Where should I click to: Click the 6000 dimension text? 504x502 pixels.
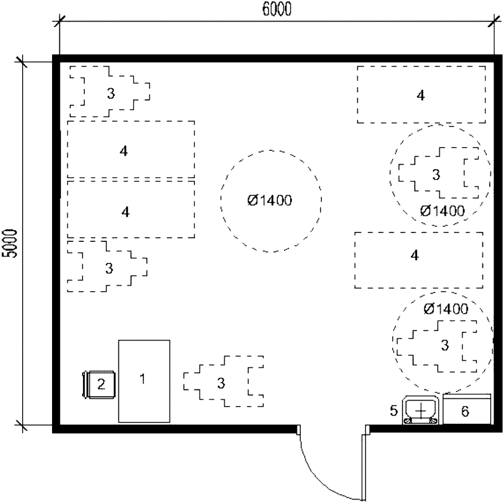tap(277, 9)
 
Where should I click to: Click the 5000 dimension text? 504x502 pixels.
tap(9, 244)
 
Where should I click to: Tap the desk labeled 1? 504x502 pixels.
tap(144, 381)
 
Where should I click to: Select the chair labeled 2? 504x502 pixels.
tap(99, 384)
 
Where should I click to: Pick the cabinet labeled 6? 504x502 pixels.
tap(467, 409)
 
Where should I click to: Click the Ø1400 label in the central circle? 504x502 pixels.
tap(270, 201)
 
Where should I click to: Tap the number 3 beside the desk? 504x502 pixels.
tap(221, 383)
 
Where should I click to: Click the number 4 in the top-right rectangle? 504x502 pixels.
tap(420, 95)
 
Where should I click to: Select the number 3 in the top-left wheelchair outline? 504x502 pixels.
tap(111, 93)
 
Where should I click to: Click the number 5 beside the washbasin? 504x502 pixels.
tap(394, 411)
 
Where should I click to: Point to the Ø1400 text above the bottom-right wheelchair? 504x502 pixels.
tap(446, 309)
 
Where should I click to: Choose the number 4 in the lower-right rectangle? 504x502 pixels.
tap(415, 255)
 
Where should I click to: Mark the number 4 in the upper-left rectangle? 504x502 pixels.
tap(124, 151)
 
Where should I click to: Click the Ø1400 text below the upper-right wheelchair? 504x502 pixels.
tap(443, 211)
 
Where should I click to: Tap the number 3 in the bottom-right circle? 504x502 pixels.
tap(445, 345)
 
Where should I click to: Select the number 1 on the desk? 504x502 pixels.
tap(142, 379)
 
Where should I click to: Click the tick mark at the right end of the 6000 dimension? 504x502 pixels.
tap(494, 22)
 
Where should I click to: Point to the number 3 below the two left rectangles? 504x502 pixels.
tap(109, 268)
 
